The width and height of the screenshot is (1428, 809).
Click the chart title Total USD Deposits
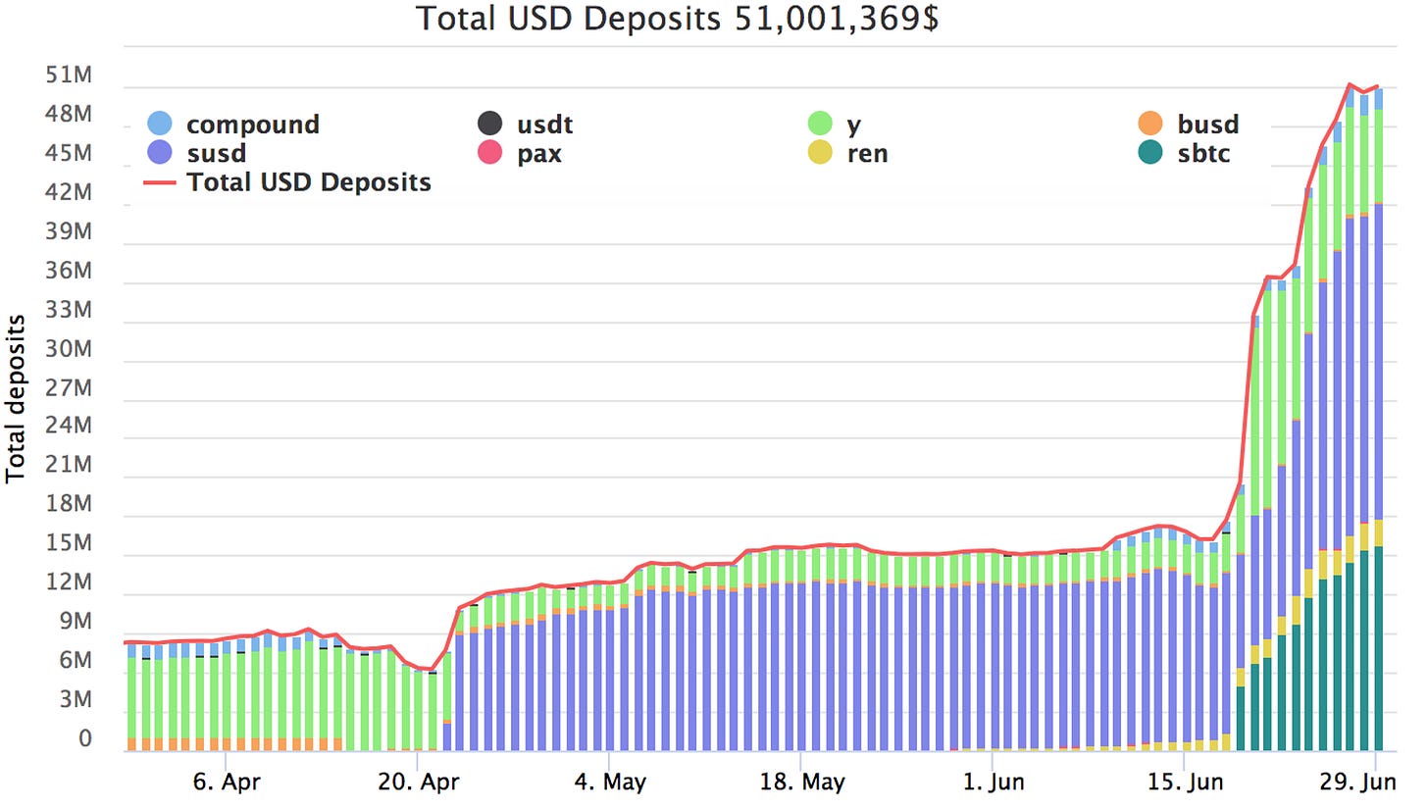click(x=677, y=18)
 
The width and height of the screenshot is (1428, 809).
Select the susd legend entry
click(x=216, y=153)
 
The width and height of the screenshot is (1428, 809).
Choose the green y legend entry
click(x=846, y=125)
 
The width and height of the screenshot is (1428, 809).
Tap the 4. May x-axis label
click(x=608, y=784)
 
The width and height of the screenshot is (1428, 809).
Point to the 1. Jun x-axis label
click(x=992, y=784)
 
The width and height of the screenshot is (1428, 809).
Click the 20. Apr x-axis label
click(x=417, y=784)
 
